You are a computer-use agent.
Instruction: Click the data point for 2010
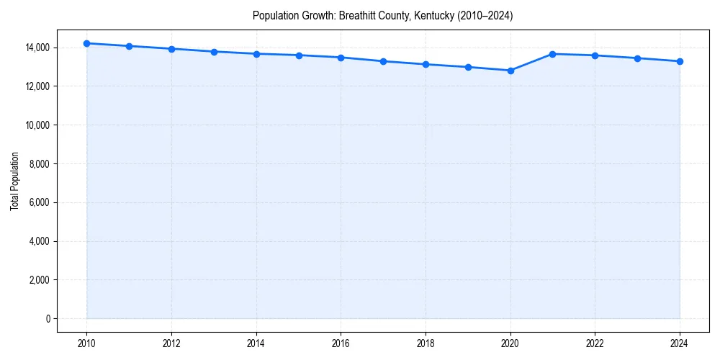(86, 43)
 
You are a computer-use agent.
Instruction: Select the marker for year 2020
(510, 71)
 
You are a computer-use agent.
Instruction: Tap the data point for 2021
(553, 54)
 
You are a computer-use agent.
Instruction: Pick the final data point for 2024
(680, 61)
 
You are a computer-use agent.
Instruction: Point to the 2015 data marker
(299, 55)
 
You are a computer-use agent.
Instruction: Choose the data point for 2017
(383, 61)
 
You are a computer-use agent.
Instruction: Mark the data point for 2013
(214, 52)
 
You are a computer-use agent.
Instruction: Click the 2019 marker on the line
(468, 67)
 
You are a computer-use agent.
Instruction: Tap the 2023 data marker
(637, 58)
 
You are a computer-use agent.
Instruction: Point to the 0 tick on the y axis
(48, 319)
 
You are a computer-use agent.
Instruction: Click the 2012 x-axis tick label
(171, 343)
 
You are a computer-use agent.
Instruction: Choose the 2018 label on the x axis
(426, 343)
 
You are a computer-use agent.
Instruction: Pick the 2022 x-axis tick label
(595, 343)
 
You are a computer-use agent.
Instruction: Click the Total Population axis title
(14, 181)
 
